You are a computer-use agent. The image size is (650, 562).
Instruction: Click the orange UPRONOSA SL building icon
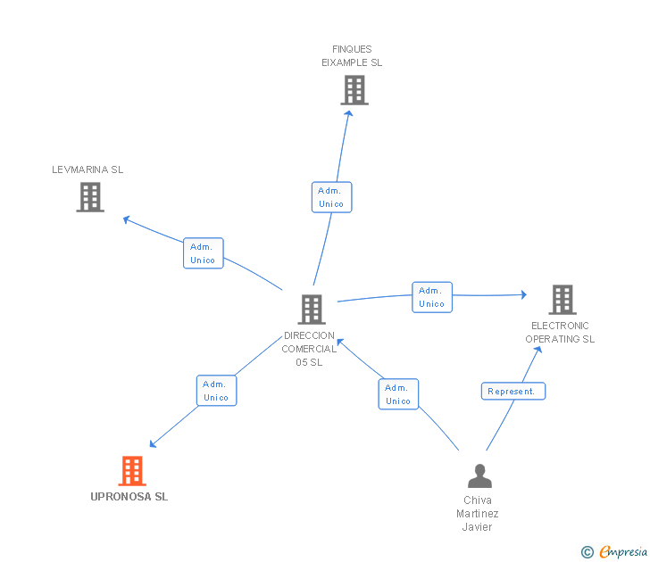pos(132,470)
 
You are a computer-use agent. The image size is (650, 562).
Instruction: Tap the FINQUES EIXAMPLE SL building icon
pos(354,90)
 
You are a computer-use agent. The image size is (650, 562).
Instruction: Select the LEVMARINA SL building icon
pos(90,197)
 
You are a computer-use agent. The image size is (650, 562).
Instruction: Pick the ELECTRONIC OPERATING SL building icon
pos(562,300)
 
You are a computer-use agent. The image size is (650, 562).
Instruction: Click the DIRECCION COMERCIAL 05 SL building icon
pos(312,310)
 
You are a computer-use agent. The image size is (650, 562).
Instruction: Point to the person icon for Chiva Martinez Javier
pos(479,475)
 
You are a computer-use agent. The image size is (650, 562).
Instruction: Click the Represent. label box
pos(513,391)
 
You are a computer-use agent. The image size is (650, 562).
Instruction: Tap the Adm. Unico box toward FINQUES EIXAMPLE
pos(331,197)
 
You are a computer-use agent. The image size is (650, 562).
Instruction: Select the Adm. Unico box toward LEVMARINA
pos(204,253)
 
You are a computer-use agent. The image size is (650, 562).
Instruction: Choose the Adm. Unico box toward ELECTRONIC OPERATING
pos(432,297)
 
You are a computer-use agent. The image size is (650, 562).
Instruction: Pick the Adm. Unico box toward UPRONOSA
pos(216,391)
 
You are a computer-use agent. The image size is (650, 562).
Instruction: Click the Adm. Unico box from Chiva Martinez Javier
pos(398,394)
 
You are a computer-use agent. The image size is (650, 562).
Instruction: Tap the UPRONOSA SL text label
pos(129,497)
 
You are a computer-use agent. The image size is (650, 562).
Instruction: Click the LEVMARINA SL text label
pos(87,169)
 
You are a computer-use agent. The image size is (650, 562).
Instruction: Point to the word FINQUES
pos(352,49)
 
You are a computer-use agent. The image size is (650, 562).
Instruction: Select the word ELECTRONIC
pos(560,326)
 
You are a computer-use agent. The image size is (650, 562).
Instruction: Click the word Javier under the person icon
pos(477,527)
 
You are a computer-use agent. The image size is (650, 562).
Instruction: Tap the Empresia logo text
pos(623,551)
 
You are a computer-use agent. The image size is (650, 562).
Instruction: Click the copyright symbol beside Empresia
pos(587,552)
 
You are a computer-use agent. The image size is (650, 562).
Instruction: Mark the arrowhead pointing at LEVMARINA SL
pos(127,219)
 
